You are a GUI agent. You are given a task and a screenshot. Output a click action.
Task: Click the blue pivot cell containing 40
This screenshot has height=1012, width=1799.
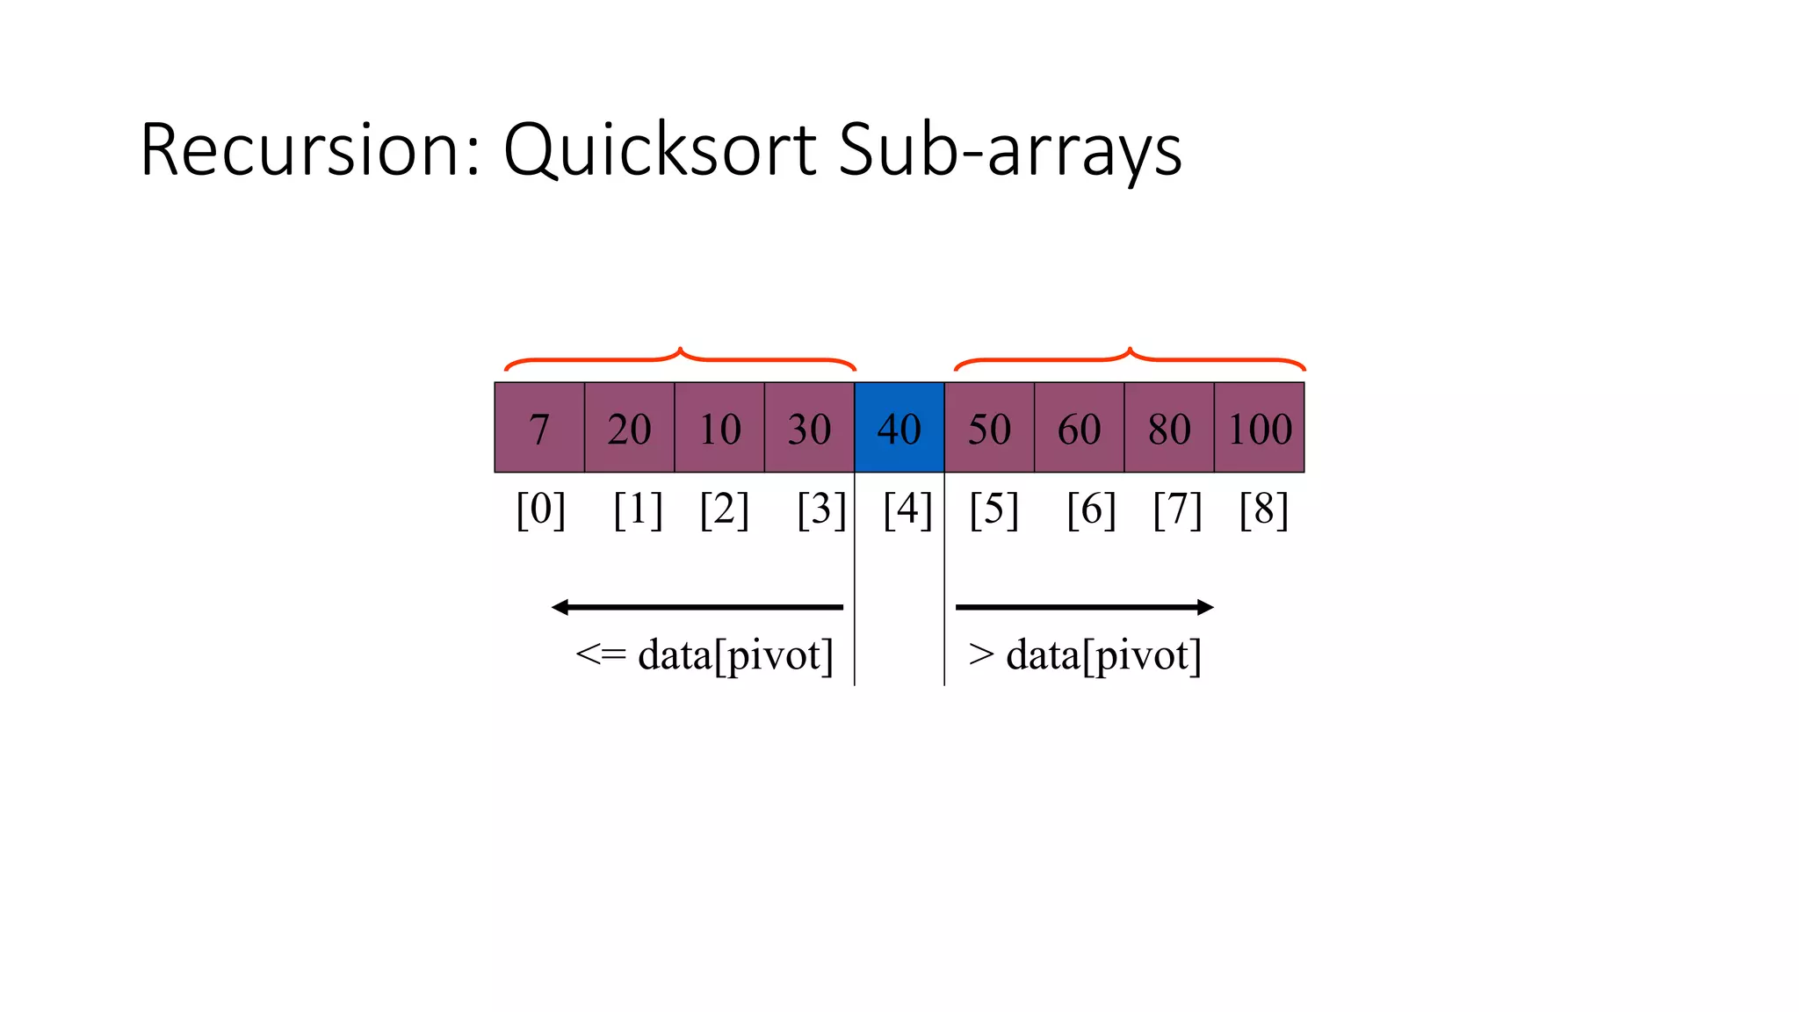click(899, 428)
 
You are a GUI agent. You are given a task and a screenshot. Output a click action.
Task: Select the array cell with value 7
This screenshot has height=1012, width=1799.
click(539, 428)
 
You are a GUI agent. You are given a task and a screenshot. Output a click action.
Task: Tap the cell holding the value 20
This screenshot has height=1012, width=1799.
click(630, 428)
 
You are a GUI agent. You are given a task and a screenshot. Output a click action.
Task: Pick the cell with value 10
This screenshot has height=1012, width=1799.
click(719, 428)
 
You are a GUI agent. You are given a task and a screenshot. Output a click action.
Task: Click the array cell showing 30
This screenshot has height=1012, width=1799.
click(809, 428)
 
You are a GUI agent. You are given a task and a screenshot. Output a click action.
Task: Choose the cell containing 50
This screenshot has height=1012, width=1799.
click(989, 428)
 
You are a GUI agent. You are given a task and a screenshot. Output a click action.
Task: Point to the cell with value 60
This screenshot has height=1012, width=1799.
click(1079, 428)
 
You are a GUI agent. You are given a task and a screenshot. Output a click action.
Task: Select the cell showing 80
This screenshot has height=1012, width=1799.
click(1169, 428)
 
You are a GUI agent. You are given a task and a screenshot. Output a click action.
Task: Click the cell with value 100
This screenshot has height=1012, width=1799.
click(1260, 428)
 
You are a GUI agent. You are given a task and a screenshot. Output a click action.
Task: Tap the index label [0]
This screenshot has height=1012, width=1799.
click(540, 510)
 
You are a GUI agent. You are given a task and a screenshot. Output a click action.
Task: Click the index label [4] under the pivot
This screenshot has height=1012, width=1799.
click(907, 510)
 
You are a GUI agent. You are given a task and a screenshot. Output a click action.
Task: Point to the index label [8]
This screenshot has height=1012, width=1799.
click(1263, 510)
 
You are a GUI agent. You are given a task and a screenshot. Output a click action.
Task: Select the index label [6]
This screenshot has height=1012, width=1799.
click(1091, 510)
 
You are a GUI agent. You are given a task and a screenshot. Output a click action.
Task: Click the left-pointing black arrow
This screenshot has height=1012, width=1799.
click(697, 607)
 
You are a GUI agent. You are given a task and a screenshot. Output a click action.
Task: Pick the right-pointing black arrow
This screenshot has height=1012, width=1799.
click(1084, 607)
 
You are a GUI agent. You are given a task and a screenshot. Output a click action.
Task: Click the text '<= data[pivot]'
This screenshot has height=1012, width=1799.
click(704, 655)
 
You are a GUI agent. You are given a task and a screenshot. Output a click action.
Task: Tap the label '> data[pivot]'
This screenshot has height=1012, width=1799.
click(1084, 655)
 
